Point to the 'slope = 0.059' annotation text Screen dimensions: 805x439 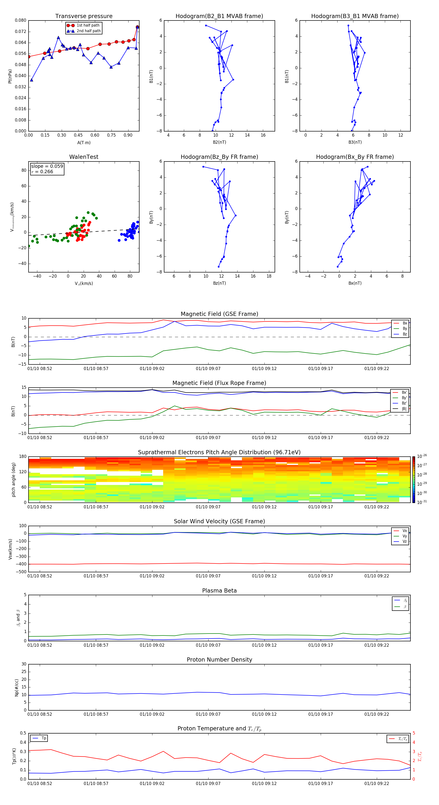tap(47, 166)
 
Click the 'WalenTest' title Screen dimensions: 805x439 tap(84, 157)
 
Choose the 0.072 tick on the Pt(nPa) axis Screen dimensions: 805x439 tap(21, 31)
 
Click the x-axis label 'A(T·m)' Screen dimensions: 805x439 tap(84, 143)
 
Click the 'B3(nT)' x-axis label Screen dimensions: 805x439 tap(355, 142)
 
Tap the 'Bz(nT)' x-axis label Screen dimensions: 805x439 tap(219, 283)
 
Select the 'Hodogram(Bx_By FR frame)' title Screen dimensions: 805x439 tap(355, 157)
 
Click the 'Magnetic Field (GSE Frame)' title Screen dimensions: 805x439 tap(219, 314)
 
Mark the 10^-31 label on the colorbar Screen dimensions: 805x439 tap(421, 502)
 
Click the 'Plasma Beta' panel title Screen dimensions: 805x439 tap(219, 591)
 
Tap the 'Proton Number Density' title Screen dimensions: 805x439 tap(219, 660)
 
